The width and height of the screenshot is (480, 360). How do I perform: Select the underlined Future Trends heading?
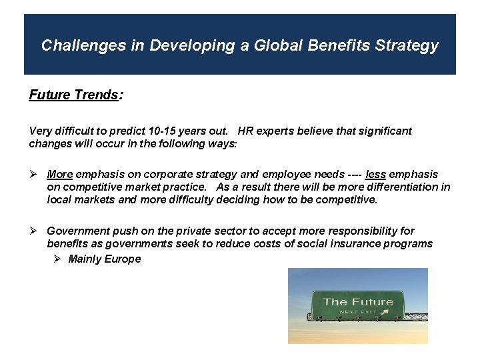[73, 95]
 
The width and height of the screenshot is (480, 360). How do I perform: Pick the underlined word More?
[59, 175]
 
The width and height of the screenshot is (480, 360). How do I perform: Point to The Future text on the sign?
[358, 302]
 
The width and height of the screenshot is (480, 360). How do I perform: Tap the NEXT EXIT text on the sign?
[358, 312]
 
